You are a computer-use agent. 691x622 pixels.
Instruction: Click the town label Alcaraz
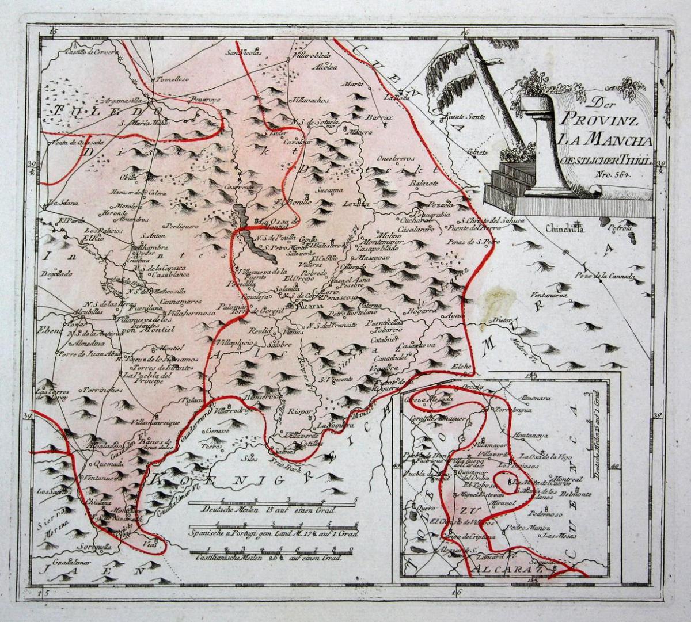coord(303,306)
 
